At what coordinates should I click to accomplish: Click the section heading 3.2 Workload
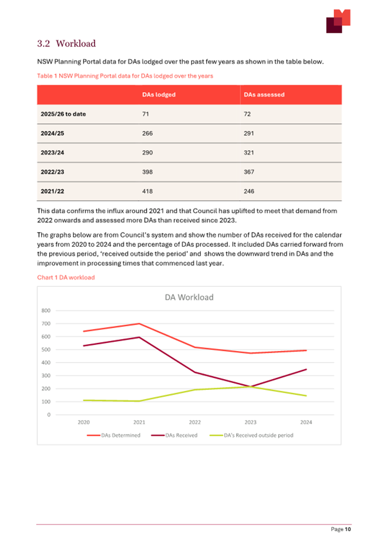[66, 44]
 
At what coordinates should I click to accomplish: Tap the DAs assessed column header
[264, 94]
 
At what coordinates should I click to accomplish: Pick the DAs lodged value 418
[148, 191]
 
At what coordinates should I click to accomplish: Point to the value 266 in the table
[148, 133]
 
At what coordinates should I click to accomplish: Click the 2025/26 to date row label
[63, 114]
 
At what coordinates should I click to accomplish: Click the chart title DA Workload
[189, 297]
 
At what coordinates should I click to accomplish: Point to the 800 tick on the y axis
[46, 310]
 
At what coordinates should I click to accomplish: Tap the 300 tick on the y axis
[46, 376]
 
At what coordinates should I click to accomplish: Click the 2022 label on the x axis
[195, 423]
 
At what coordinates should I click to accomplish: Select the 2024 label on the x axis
[306, 423]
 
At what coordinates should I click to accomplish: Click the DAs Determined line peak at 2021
[139, 324]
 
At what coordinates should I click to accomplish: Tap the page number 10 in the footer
[347, 529]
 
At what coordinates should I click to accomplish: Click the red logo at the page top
[338, 21]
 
